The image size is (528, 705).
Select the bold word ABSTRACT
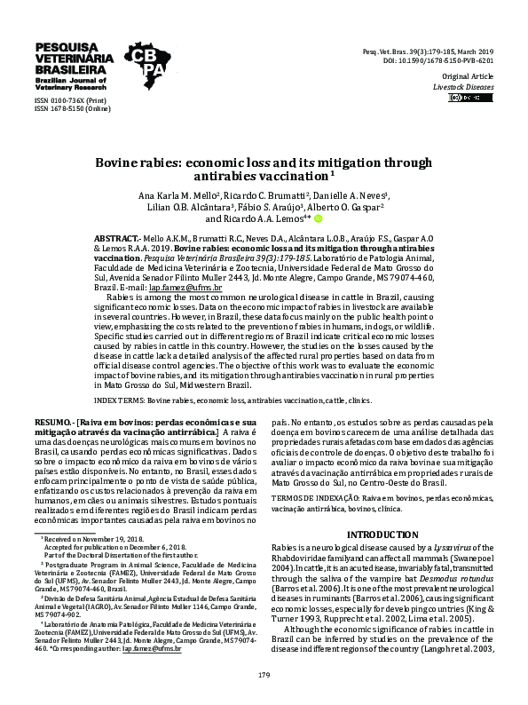[x=116, y=240]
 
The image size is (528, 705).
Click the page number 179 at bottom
[x=264, y=675]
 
